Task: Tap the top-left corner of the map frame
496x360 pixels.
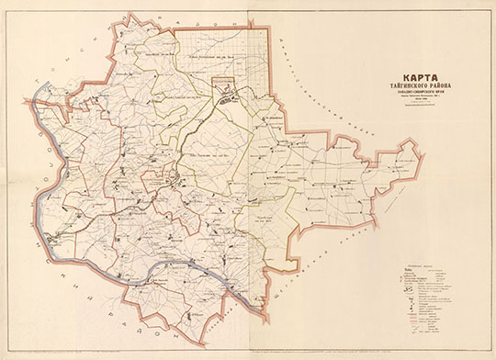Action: tap(4, 4)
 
